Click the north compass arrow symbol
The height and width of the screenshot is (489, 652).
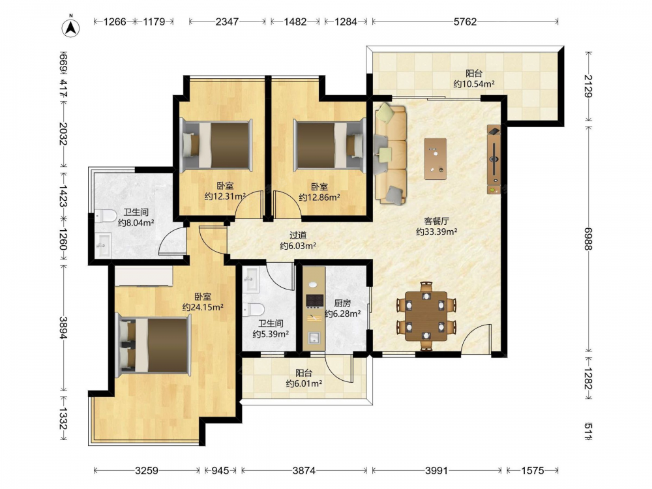tap(71, 27)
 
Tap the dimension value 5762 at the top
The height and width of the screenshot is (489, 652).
tap(465, 22)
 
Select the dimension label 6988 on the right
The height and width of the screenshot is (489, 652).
tap(587, 239)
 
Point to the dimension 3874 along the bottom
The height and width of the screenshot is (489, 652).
tap(304, 470)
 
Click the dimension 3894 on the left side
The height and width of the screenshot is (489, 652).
tap(63, 328)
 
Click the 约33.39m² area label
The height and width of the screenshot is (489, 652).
tap(437, 231)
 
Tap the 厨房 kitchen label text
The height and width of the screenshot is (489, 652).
tap(342, 303)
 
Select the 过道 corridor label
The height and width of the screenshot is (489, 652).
tap(298, 235)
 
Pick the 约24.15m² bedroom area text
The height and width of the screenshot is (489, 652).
tap(203, 307)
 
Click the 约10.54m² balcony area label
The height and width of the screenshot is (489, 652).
tap(474, 84)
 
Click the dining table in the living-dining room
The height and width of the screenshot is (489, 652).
tap(426, 316)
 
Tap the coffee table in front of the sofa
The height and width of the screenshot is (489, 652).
tap(436, 159)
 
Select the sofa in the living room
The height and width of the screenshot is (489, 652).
tap(390, 153)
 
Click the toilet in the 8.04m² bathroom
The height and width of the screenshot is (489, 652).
tap(106, 216)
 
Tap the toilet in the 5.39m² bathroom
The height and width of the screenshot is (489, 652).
tap(254, 310)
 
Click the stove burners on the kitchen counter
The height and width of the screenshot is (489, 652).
tap(315, 300)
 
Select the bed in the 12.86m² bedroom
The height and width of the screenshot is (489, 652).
tap(329, 145)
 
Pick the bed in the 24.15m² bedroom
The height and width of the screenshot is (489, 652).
tap(154, 345)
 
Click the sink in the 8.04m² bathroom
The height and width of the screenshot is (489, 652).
tap(104, 245)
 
